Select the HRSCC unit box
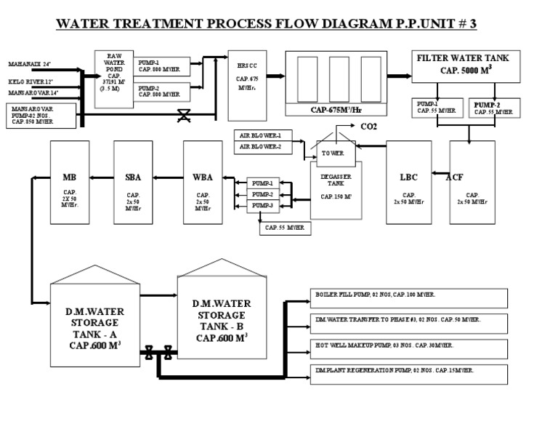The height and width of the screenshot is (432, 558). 243,85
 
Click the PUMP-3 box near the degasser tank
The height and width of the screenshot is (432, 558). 262,207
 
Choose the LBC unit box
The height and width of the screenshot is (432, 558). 408,181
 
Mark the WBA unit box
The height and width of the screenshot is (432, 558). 202,181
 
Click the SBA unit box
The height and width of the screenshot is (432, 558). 134,181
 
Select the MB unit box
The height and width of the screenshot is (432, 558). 69,181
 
